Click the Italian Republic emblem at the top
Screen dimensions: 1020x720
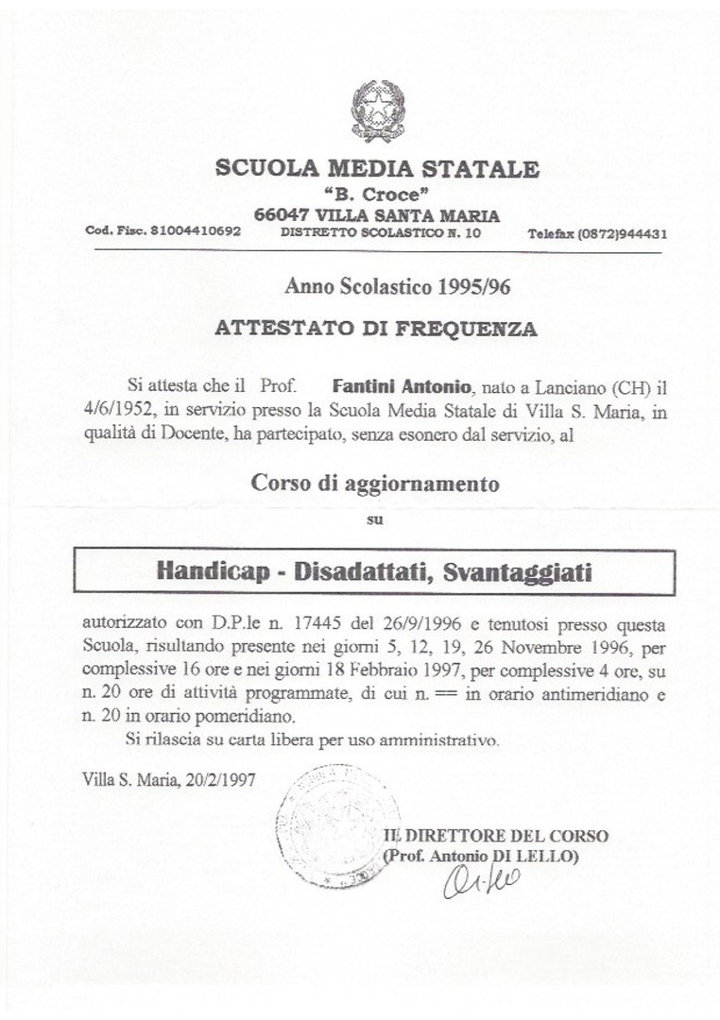coord(378,111)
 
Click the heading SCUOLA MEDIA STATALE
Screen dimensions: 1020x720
coord(378,170)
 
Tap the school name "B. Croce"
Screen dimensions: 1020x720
coord(378,195)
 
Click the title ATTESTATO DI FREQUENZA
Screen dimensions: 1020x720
coord(377,330)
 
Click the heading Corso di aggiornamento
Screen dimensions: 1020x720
coord(374,484)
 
